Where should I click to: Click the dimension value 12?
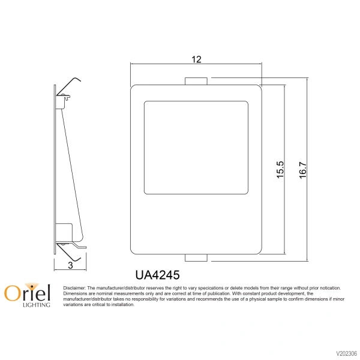(x=196, y=59)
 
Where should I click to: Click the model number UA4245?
(x=158, y=274)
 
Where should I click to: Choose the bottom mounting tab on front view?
(x=196, y=258)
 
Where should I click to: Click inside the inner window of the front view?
(x=196, y=147)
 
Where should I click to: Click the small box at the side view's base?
(x=64, y=231)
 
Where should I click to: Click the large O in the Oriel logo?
(x=12, y=293)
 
